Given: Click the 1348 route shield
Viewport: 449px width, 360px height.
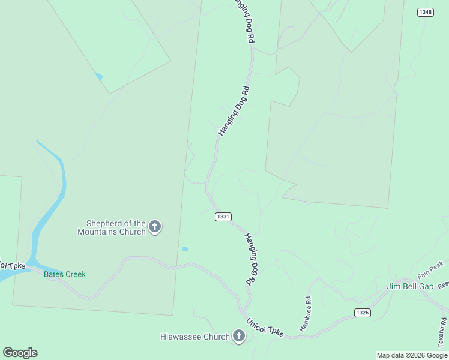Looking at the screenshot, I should [x=426, y=12].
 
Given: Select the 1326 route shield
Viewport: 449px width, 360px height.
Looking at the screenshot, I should [x=362, y=313].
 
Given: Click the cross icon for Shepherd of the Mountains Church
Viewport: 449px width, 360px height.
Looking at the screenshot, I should [x=155, y=227].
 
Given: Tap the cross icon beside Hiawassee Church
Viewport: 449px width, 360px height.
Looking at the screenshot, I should [x=239, y=336].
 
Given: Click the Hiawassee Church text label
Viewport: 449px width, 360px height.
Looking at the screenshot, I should [x=195, y=337].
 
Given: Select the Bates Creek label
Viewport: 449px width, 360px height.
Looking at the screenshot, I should [x=65, y=274].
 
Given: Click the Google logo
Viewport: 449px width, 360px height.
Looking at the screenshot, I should [x=20, y=353].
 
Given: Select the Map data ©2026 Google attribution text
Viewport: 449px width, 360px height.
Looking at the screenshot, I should [x=412, y=355].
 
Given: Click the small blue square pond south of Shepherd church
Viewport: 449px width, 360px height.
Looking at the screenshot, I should [x=185, y=249].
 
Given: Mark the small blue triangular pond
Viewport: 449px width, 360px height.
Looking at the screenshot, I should [x=98, y=76].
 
